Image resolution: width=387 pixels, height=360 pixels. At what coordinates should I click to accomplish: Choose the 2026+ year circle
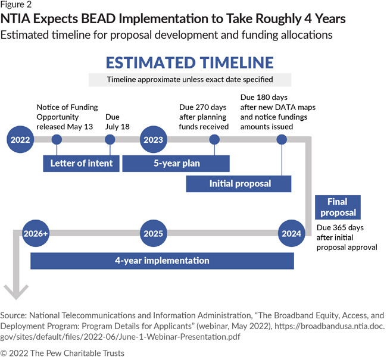(35, 233)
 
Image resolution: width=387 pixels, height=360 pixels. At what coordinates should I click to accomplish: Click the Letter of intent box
(78, 164)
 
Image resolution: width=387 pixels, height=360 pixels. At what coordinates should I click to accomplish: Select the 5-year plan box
(176, 164)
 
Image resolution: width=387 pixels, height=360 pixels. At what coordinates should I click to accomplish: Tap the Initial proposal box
(239, 184)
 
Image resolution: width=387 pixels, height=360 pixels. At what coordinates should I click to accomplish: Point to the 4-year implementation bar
(163, 261)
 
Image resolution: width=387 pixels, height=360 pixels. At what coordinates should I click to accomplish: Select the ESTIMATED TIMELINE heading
(189, 62)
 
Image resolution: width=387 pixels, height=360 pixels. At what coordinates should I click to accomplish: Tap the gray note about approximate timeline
(190, 80)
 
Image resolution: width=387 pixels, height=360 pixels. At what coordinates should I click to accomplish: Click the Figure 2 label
(17, 6)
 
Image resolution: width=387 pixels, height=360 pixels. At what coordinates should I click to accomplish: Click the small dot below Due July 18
(110, 140)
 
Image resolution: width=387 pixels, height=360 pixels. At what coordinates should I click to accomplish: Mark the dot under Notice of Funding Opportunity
(57, 140)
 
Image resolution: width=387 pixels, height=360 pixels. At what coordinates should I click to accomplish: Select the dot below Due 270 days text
(214, 140)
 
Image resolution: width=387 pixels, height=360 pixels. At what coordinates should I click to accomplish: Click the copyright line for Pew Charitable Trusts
(63, 353)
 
